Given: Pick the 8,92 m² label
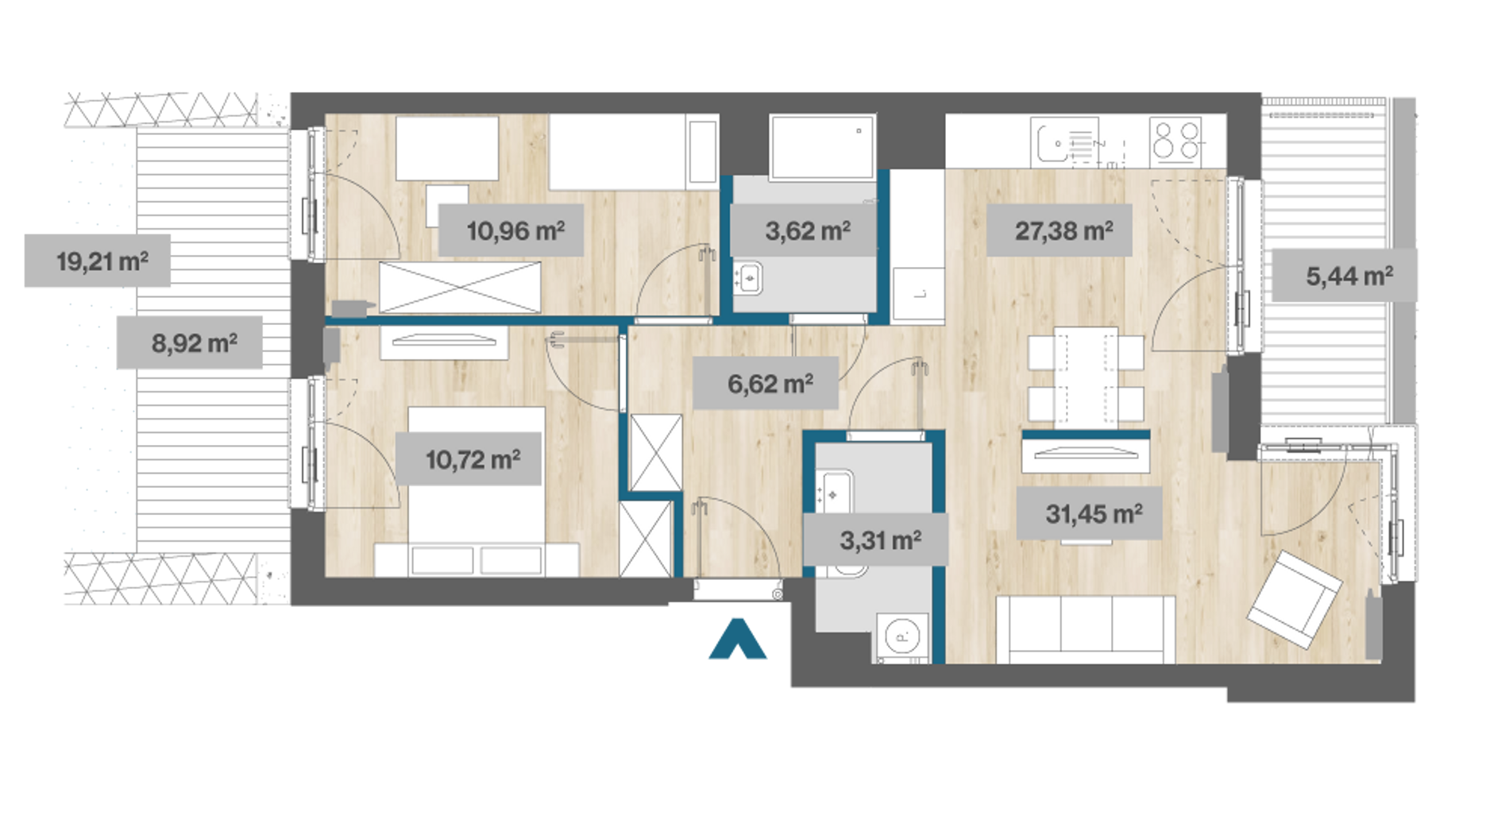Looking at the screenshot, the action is tap(190, 342).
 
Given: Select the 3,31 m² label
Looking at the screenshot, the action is tap(876, 540).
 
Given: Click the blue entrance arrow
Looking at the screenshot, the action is tap(738, 639).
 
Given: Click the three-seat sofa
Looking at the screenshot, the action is tap(1086, 628).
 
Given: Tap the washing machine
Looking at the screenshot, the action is tap(902, 636).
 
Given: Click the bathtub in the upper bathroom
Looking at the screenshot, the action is tap(822, 147).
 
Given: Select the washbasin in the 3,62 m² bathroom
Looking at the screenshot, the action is tap(747, 278).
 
